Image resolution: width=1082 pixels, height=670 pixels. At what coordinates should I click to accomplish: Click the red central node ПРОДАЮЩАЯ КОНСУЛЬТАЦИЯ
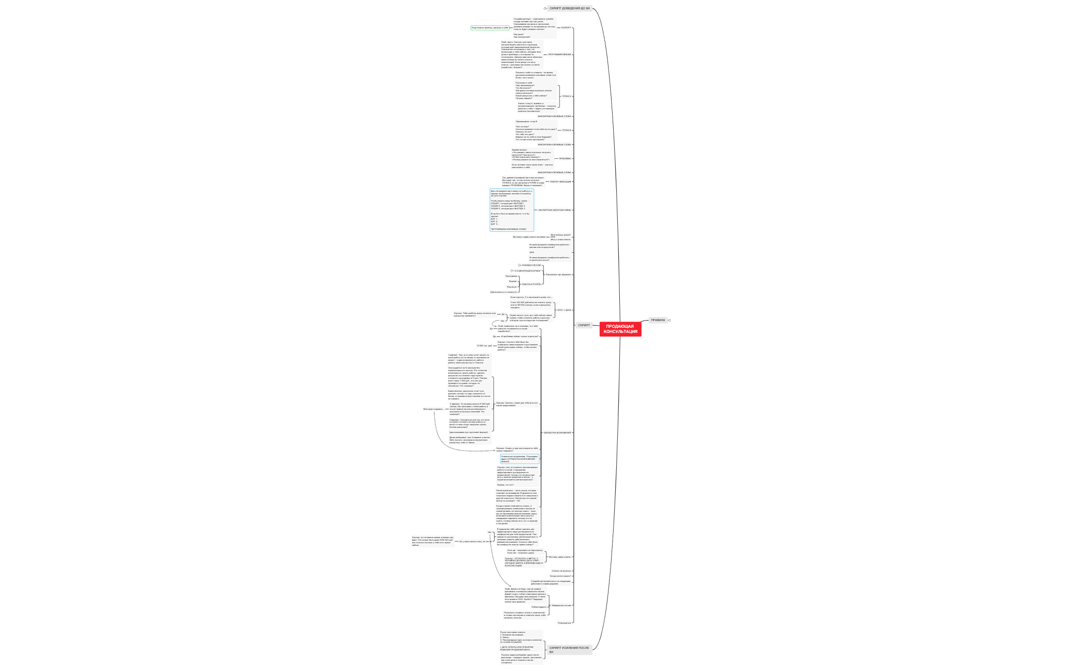tap(620, 329)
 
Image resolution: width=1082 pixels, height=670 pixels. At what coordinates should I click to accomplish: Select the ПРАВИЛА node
tap(658, 320)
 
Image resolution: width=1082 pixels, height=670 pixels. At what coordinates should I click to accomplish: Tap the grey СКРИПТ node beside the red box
tap(584, 325)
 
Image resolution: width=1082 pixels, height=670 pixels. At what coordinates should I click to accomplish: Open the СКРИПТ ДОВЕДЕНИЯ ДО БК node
tap(569, 8)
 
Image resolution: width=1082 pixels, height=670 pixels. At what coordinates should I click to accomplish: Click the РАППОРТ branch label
tap(566, 28)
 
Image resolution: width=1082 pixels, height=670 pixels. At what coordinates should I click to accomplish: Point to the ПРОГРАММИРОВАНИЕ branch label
tap(559, 55)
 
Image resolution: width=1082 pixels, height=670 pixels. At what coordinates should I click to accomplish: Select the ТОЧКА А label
tap(566, 96)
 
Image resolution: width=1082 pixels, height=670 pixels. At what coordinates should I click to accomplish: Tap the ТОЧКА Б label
tap(566, 130)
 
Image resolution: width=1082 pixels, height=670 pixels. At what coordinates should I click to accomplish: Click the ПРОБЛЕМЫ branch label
tap(565, 159)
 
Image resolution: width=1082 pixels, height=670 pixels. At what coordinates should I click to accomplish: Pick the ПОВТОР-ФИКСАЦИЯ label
tap(561, 182)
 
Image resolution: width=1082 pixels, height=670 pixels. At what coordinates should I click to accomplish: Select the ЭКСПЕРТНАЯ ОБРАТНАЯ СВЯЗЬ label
tap(554, 210)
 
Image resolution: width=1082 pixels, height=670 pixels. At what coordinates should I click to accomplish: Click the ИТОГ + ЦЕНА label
tap(564, 310)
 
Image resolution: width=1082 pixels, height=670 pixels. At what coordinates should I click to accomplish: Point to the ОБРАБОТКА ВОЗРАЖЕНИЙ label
tap(557, 433)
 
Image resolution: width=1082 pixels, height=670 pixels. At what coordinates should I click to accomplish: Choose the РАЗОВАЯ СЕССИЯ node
tap(531, 265)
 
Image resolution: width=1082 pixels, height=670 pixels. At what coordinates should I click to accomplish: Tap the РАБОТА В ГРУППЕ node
tap(531, 284)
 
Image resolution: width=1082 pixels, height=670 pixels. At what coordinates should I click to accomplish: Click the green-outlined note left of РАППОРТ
tap(489, 28)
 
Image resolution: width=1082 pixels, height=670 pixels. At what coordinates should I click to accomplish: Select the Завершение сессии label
tap(561, 606)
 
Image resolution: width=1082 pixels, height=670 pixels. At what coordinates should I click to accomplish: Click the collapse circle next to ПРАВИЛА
tap(670, 320)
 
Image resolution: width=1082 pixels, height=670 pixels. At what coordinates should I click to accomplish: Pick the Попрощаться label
tap(564, 623)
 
